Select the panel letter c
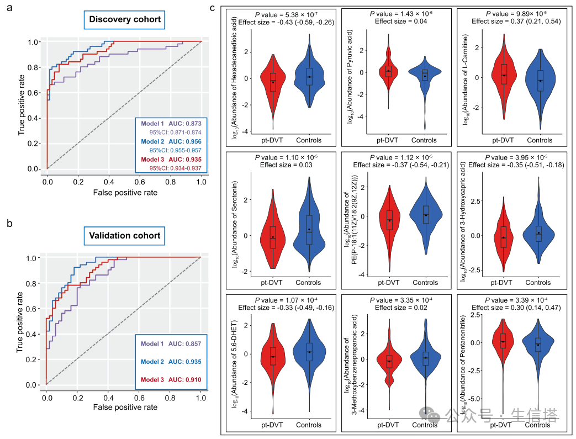213,8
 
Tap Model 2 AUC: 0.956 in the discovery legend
171,141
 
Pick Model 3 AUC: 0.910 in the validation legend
171,379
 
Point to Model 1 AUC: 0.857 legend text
171,343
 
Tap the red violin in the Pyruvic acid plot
389,70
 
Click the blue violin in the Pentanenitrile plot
537,343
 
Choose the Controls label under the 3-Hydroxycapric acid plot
538,283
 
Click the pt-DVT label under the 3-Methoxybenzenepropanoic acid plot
388,425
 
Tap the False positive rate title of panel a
125,193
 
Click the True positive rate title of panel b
21,322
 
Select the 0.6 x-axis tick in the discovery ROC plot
140,180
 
